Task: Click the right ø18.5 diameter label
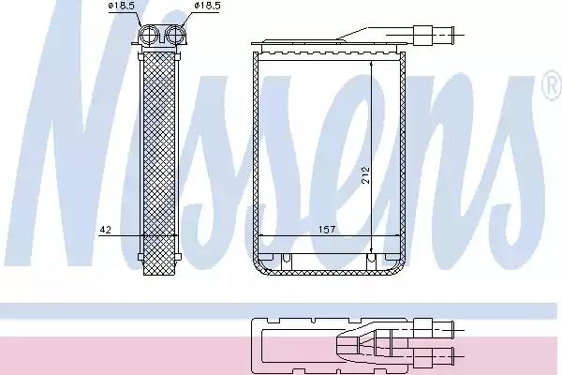[x=207, y=6]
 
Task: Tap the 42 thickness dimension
[x=105, y=230]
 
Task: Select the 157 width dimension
[x=327, y=230]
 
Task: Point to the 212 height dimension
[x=365, y=174]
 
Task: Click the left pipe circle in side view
[x=148, y=36]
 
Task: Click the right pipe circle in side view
[x=175, y=36]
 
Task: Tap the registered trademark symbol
[x=553, y=85]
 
